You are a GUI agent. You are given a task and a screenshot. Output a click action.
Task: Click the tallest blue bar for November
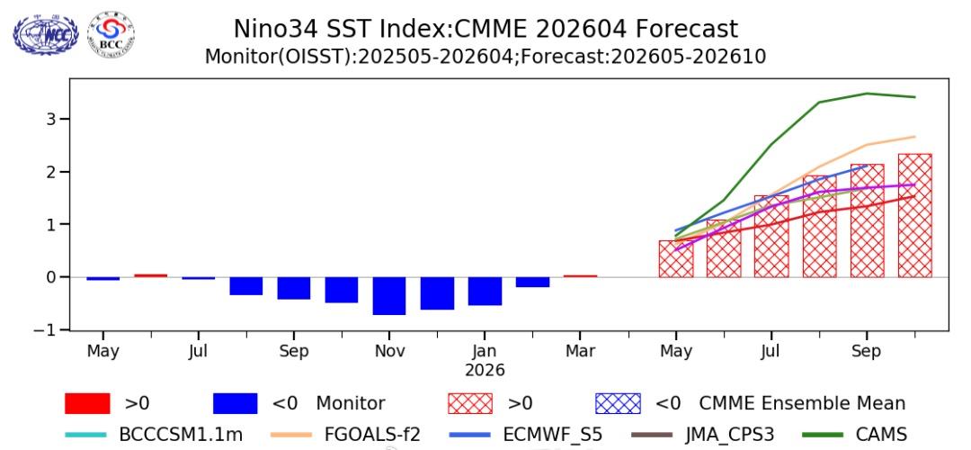(x=389, y=295)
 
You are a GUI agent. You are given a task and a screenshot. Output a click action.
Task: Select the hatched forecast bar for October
(x=914, y=216)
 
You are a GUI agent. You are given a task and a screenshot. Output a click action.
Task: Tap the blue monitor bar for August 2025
(x=246, y=285)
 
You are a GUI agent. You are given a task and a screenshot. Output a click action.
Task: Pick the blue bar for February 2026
(x=532, y=282)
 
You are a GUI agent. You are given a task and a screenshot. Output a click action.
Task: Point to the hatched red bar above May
(x=676, y=258)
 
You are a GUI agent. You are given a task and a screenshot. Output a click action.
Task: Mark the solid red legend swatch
(x=88, y=403)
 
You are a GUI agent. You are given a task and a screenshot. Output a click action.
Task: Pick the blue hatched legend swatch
(x=619, y=403)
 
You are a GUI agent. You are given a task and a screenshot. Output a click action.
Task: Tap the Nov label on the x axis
(x=389, y=351)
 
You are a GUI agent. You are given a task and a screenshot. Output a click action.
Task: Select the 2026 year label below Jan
(x=485, y=370)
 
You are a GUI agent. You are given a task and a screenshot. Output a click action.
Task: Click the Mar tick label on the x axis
(x=580, y=351)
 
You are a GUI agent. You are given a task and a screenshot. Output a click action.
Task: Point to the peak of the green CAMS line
(x=867, y=94)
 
